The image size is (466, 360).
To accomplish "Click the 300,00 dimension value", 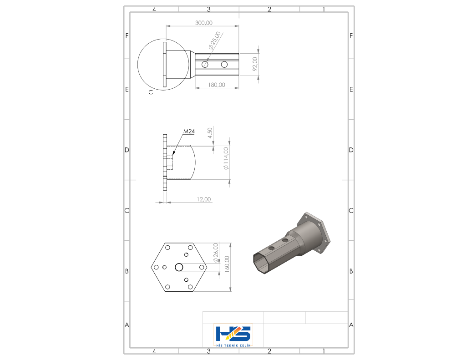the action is point(203,23).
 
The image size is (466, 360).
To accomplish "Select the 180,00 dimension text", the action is point(216,85).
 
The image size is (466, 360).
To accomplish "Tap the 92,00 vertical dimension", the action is point(255,64).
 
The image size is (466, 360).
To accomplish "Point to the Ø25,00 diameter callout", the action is point(215,41).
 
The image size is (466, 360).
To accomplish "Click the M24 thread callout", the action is point(189,131).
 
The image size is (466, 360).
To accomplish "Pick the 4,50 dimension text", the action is point(210,133).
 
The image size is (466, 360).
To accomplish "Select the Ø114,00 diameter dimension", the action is point(226,158).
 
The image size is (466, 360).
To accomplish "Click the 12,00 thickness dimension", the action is point(203,199).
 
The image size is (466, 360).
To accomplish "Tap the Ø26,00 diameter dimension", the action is point(216,253).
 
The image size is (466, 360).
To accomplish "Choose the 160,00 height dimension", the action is point(227,264).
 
